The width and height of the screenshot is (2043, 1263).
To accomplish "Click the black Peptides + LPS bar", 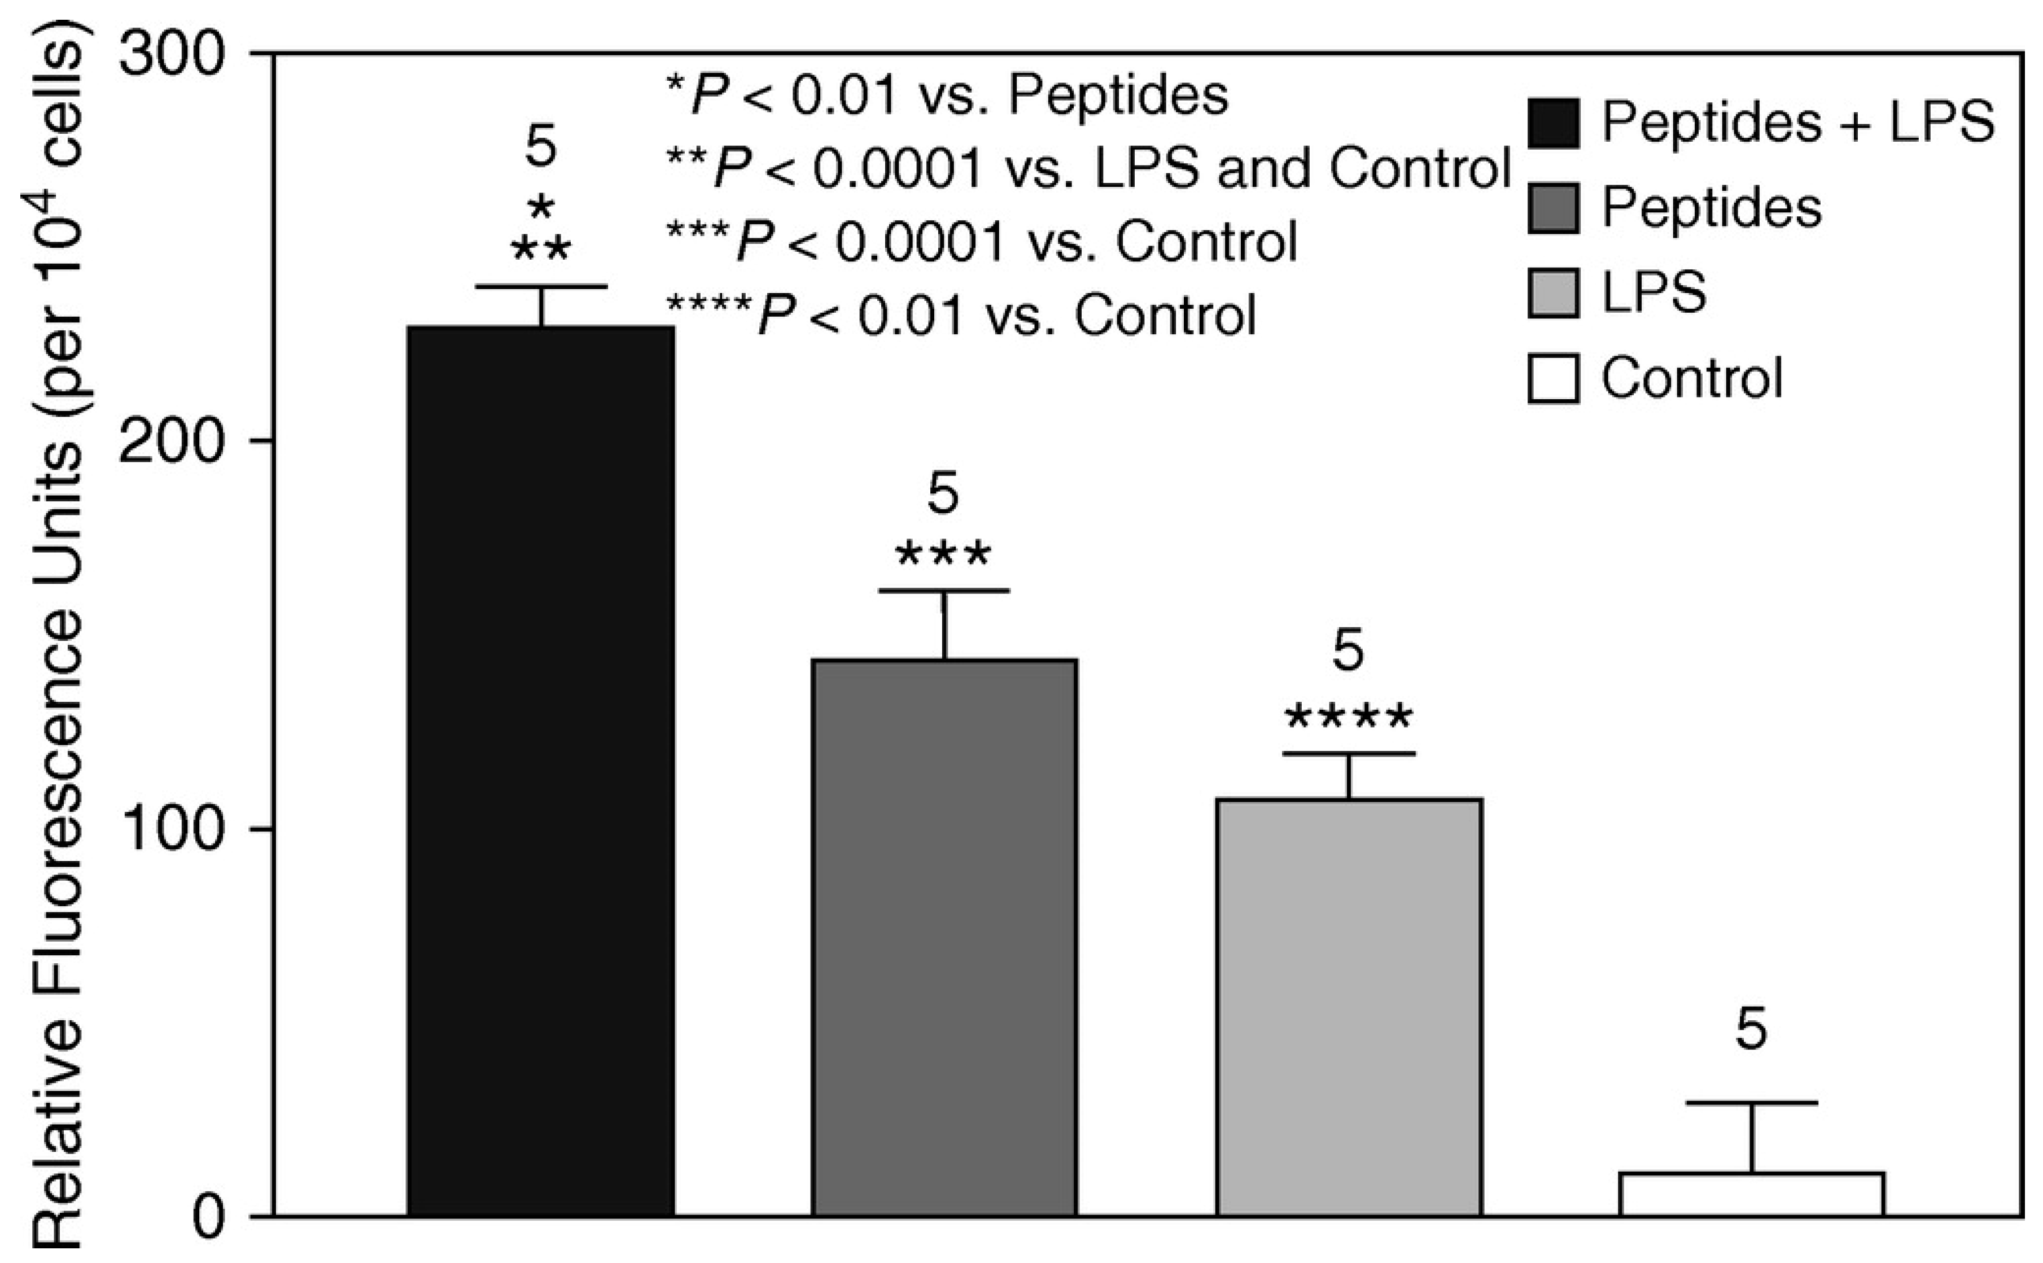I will [540, 768].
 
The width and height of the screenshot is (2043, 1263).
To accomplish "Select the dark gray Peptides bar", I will [944, 936].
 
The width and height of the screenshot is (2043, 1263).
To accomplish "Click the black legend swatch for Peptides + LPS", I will [1554, 124].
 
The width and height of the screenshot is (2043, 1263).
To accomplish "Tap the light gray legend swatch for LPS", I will [1554, 292].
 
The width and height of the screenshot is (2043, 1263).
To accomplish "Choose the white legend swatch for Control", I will [1554, 378].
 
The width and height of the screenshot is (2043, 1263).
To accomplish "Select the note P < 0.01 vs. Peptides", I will [948, 96].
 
